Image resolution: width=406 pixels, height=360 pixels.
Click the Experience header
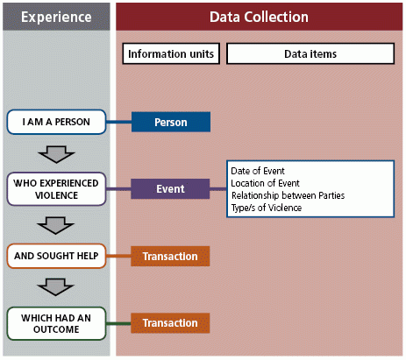click(55, 17)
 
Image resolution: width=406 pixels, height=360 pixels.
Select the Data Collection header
click(259, 17)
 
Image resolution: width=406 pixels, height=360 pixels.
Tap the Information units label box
click(170, 54)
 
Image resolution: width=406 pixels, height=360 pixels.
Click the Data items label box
click(310, 54)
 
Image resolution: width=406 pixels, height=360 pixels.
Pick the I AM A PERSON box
click(55, 122)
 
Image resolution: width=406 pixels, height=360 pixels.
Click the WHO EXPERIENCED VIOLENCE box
click(55, 188)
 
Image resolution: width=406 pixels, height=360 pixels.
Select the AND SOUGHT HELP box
click(55, 256)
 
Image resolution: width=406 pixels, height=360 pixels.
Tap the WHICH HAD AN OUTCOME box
click(55, 322)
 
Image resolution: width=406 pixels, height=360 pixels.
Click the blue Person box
click(170, 122)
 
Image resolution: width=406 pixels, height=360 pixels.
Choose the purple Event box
click(170, 188)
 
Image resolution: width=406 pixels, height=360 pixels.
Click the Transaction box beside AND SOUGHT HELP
click(170, 256)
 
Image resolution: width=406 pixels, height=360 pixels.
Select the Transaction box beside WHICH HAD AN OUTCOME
click(170, 322)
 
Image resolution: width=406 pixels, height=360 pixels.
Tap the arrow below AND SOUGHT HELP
click(55, 288)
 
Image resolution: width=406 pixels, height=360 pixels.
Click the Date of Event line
click(257, 169)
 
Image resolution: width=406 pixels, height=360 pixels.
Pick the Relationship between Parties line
click(287, 194)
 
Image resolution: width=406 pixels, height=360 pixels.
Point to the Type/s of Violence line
click(266, 208)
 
